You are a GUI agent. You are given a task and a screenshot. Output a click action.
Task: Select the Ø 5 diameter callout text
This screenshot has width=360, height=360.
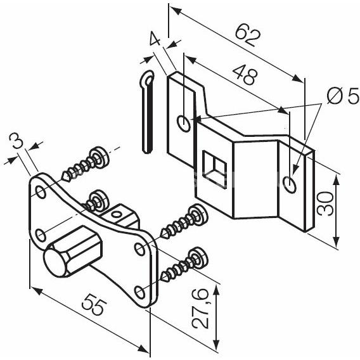coord(343,96)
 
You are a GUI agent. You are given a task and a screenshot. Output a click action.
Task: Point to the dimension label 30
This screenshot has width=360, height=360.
coord(325,204)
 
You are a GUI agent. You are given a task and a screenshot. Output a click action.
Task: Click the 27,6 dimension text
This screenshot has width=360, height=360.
coord(200,309)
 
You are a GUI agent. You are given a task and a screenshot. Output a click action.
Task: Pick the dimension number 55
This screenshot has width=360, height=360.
coord(94,304)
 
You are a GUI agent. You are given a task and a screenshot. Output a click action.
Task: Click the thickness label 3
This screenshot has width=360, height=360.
coord(16,141)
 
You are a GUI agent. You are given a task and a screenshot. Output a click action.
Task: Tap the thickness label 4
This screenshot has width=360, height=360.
coord(155,39)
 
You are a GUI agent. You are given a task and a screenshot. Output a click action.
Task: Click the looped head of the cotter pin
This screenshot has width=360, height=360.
coord(147,79)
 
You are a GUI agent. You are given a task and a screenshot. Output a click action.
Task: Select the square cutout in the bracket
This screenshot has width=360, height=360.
coord(214,169)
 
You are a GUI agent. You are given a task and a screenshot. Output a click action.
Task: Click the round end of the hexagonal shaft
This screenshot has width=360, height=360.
coord(55,262)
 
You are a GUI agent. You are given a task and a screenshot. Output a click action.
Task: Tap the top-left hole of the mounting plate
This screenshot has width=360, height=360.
coord(41,192)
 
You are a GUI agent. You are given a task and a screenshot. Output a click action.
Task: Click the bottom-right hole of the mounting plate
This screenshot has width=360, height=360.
coord(139,292)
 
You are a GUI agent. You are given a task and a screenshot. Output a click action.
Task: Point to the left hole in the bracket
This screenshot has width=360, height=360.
coord(184,124)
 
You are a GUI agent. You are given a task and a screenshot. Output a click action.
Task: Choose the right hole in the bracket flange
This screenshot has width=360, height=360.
coord(290,184)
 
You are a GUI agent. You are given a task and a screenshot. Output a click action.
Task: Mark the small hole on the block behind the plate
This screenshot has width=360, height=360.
coord(116,214)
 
